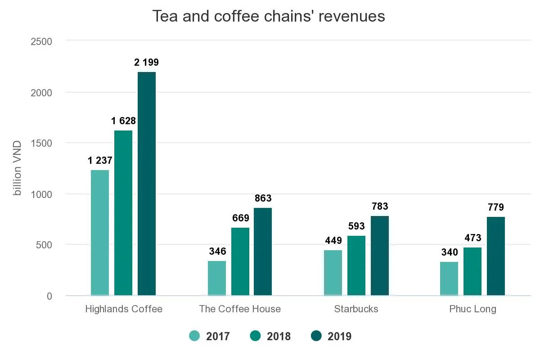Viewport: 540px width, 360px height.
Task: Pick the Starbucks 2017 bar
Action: [x=333, y=273]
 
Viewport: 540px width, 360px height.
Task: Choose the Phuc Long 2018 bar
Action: [x=472, y=271]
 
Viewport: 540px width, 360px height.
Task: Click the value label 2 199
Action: [x=146, y=63]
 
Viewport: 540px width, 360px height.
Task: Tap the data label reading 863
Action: [x=263, y=198]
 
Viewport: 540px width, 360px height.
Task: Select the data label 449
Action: [x=333, y=241]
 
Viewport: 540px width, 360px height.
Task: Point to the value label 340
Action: [x=450, y=252]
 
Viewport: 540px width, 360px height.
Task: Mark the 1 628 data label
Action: [x=124, y=121]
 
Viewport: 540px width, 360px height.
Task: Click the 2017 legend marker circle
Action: [x=194, y=336]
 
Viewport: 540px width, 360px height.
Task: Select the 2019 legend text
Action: [x=340, y=336]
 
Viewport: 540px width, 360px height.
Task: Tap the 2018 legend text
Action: [x=279, y=336]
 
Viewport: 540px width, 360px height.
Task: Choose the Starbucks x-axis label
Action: [x=356, y=309]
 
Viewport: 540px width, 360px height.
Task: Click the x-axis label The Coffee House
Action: [x=240, y=309]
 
